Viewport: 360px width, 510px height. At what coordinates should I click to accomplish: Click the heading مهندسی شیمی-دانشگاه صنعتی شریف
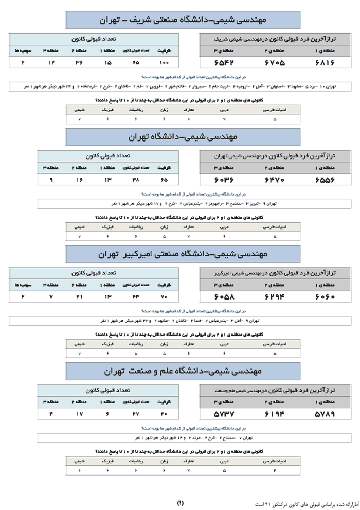(x=183, y=20)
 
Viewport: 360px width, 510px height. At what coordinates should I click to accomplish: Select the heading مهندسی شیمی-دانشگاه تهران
(x=183, y=137)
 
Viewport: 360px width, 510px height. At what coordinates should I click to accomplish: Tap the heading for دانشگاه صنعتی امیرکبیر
(x=183, y=254)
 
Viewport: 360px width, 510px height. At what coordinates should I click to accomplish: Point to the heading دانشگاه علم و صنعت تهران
(x=183, y=371)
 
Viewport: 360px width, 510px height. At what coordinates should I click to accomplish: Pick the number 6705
(x=275, y=63)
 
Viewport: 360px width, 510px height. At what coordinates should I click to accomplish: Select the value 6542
(x=224, y=63)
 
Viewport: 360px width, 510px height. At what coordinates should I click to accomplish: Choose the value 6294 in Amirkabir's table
(x=275, y=297)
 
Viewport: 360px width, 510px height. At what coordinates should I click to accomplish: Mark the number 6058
(x=224, y=297)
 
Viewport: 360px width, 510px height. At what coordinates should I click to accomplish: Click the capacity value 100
(x=164, y=63)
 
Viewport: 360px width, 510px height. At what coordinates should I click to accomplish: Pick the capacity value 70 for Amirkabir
(x=164, y=297)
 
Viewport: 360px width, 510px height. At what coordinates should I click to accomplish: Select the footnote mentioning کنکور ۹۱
(x=303, y=503)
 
